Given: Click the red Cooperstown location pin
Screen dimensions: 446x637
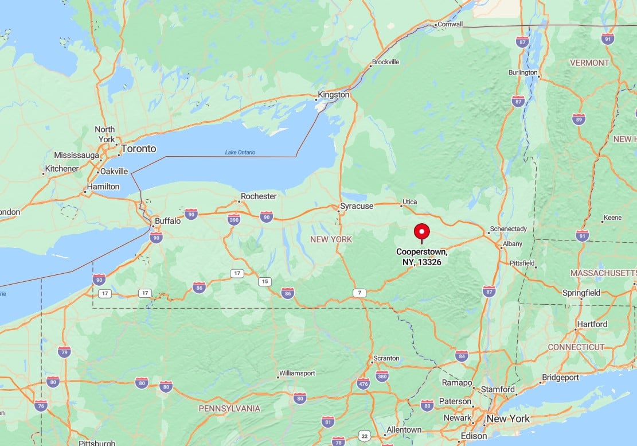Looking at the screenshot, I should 421,232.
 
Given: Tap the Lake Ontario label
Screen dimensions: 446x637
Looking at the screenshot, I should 240,152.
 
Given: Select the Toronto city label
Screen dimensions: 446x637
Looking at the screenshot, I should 138,149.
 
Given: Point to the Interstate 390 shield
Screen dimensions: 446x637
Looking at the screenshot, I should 234,219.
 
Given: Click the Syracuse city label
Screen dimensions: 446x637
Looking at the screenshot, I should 357,206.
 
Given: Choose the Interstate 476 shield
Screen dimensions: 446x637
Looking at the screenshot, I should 363,383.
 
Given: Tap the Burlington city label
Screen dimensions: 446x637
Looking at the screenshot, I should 523,73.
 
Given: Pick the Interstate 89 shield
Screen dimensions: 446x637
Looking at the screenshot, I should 579,119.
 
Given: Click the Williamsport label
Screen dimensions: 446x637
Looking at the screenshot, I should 297,373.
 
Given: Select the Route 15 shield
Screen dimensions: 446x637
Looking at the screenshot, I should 264,281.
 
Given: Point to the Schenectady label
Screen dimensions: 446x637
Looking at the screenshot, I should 508,228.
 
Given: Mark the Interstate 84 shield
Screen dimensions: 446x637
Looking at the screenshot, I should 462,356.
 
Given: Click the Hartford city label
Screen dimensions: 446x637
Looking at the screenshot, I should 592,324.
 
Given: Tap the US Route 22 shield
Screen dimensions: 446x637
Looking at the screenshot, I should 364,437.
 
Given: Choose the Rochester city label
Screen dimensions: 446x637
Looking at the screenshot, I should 259,196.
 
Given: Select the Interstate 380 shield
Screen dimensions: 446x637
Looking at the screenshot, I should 382,377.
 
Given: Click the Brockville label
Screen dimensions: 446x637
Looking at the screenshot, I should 385,62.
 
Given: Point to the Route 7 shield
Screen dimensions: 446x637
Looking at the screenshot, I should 359,293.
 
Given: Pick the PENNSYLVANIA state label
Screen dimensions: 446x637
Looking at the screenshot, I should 229,409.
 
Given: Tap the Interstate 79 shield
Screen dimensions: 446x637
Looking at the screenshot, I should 64,352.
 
